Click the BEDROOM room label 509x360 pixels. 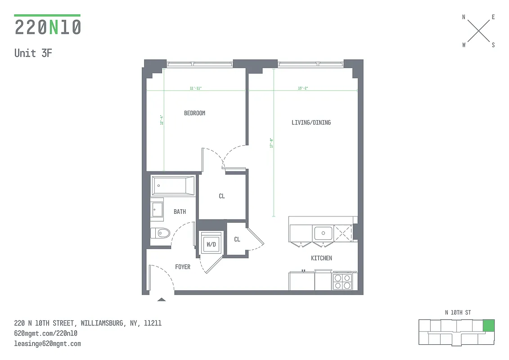194,113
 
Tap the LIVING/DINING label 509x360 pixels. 311,122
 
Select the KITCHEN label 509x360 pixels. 321,258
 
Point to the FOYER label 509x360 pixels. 183,267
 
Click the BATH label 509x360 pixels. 180,211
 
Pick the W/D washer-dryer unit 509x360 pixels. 211,244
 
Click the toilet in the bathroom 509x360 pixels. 160,233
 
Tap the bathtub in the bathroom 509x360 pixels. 173,185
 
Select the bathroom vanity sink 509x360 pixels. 157,209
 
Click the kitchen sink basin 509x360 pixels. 323,233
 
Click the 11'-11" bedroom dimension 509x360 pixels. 195,88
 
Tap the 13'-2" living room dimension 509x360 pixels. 303,88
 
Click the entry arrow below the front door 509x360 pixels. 162,299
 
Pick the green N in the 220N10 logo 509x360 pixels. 54,27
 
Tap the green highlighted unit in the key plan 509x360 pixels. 488,325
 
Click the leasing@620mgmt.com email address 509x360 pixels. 48,343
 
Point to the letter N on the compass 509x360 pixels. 464,18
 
